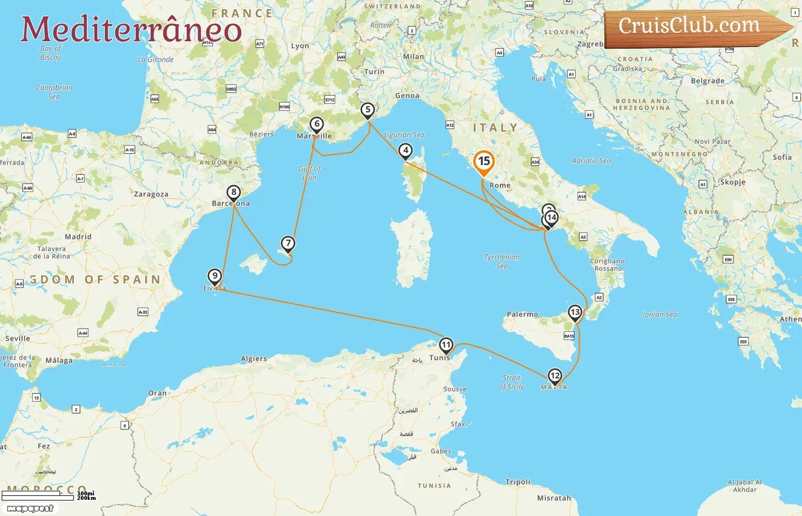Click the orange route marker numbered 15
click(484, 162)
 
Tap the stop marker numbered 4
click(406, 151)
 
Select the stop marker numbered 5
click(368, 110)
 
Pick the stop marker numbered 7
click(288, 244)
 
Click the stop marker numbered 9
click(215, 276)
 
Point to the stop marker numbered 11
click(446, 345)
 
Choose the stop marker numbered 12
click(555, 376)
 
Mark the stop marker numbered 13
click(575, 312)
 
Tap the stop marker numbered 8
click(233, 193)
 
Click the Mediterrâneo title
click(131, 29)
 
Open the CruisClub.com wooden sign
click(693, 27)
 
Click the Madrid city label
click(78, 237)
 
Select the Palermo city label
click(522, 314)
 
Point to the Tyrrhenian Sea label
click(502, 261)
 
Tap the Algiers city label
click(254, 359)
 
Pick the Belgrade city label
click(707, 81)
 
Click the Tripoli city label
click(518, 482)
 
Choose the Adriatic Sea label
click(591, 161)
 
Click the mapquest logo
click(30, 509)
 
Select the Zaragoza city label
click(151, 194)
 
